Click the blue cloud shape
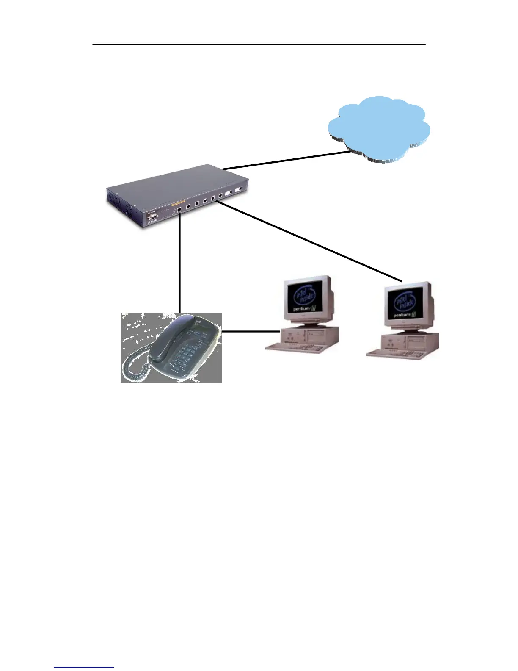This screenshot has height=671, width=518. (379, 127)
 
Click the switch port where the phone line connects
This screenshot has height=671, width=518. (180, 209)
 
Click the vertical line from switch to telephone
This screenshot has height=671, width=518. (180, 263)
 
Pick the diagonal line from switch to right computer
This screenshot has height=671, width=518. (309, 241)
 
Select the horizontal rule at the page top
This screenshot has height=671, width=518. (259, 44)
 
